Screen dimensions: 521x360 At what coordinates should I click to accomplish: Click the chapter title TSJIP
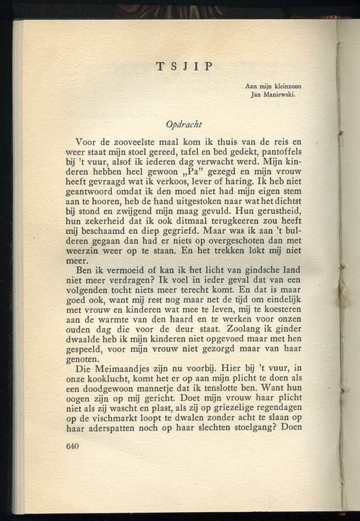tap(184, 66)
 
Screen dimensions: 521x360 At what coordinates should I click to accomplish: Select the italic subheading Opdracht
tap(184, 124)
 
